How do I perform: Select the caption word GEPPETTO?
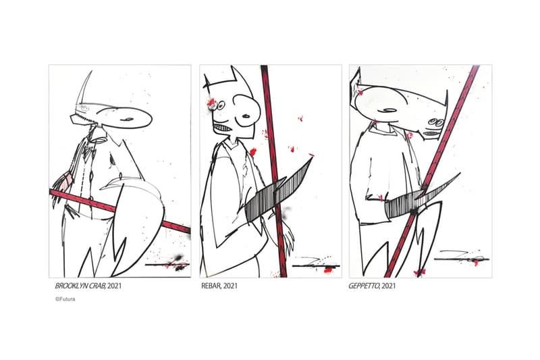point(364,286)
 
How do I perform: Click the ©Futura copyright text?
point(65,299)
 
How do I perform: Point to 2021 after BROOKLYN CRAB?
point(114,286)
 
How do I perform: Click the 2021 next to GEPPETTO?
point(389,286)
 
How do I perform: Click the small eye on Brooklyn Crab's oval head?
point(128,119)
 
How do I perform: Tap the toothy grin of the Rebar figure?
point(223,130)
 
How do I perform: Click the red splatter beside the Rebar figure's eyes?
point(211,103)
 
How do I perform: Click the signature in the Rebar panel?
point(315,263)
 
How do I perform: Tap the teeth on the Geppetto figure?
point(431,133)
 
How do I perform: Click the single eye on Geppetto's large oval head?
point(390,110)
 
